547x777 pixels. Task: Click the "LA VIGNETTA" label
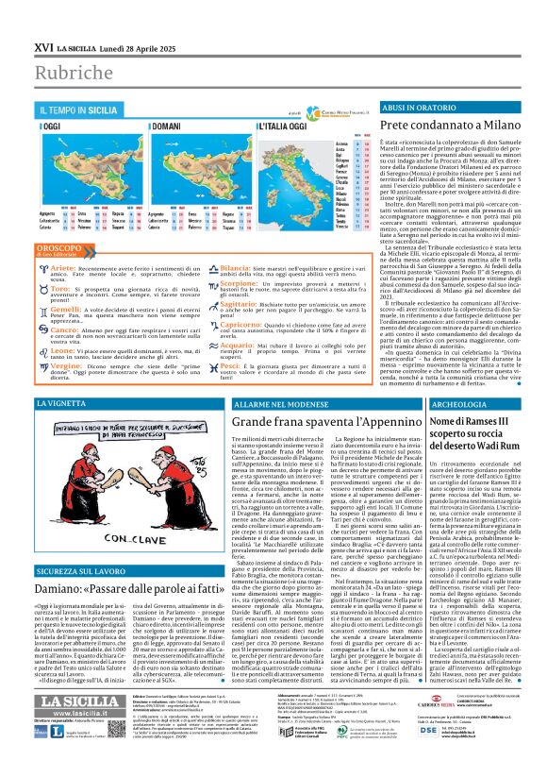click(x=59, y=403)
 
